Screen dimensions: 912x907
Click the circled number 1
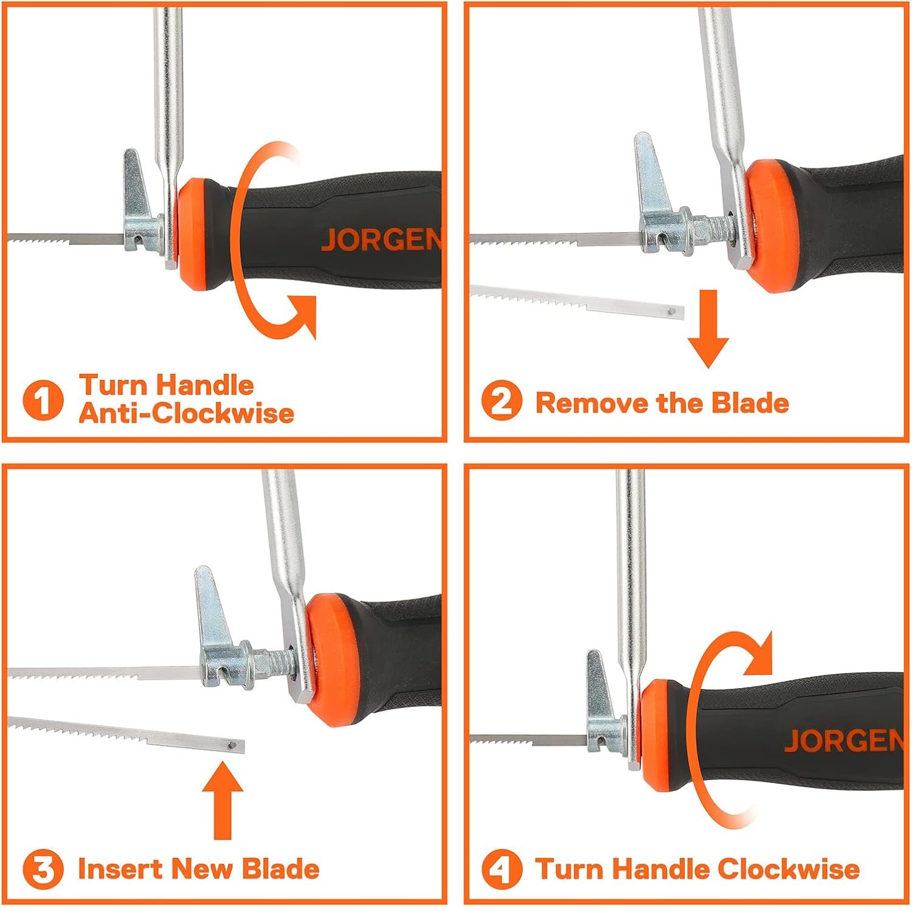click(x=43, y=401)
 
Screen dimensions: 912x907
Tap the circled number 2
click(x=502, y=402)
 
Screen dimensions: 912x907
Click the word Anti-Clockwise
click(x=187, y=414)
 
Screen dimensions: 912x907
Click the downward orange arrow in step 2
click(x=708, y=328)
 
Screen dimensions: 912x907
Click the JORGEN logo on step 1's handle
click(x=382, y=240)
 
